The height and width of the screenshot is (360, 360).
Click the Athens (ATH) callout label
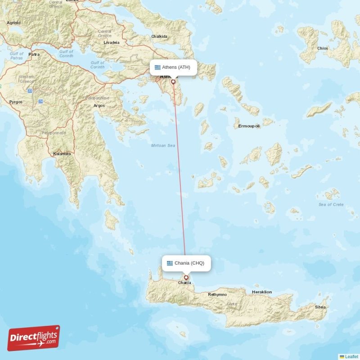[x=173, y=67]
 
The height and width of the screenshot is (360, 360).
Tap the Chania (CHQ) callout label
[x=186, y=263]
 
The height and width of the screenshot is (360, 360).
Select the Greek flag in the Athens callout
[x=157, y=67]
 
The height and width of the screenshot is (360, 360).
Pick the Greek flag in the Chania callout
[x=170, y=263]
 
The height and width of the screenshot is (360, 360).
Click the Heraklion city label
[x=262, y=292]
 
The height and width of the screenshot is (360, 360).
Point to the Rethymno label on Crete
[x=217, y=295]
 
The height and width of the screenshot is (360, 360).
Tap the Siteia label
[x=320, y=307]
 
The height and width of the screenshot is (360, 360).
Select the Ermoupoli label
[x=249, y=126]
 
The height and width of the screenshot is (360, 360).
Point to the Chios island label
[x=323, y=48]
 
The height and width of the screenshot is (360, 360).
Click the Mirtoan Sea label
[x=163, y=146]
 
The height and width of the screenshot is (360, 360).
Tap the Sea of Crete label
[x=331, y=205]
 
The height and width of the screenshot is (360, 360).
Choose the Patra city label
[x=34, y=54]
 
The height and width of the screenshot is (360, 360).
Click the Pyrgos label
[x=16, y=103]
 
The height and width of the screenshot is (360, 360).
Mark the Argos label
[x=99, y=106]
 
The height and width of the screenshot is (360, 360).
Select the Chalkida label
[x=159, y=36]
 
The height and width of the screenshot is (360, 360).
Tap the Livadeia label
[x=112, y=42]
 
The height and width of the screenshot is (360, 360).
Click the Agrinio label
[x=13, y=22]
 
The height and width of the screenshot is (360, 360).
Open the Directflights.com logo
[x=34, y=338]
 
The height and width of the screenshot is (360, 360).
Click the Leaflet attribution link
[x=351, y=356]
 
